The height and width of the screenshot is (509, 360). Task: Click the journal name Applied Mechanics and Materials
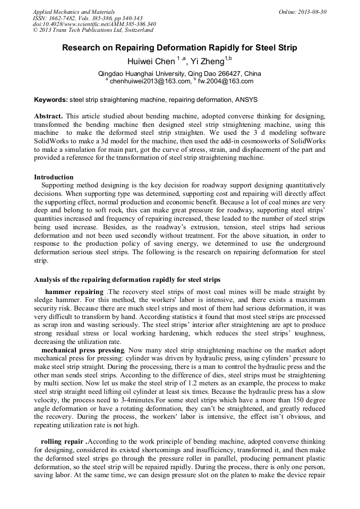[67, 11]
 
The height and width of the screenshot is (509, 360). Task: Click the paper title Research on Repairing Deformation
[179, 48]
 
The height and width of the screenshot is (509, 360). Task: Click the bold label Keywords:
[51, 100]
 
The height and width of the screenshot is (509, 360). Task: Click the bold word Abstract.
[48, 116]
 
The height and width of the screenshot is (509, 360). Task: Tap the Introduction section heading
[54, 177]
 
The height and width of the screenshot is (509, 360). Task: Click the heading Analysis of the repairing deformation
[127, 279]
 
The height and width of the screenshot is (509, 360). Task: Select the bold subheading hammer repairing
[74, 292]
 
